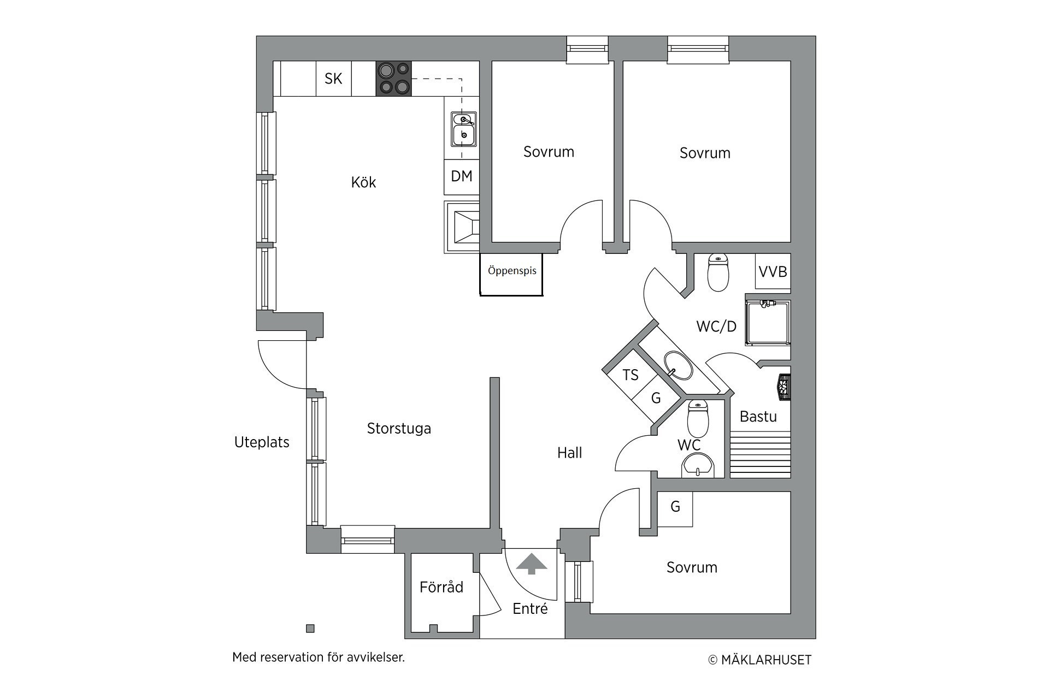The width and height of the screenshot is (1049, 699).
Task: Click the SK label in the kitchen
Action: click(x=333, y=79)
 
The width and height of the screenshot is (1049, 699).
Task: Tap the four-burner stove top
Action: click(x=393, y=79)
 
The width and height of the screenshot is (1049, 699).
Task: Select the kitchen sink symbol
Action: click(x=464, y=129)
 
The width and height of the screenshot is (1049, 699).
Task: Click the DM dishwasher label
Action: click(x=462, y=176)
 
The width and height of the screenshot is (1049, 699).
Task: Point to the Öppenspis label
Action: click(x=512, y=270)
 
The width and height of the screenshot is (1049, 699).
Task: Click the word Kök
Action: click(x=363, y=182)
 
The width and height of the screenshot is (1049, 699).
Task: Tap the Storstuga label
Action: click(x=399, y=429)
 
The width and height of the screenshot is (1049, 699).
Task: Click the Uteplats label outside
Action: click(x=262, y=442)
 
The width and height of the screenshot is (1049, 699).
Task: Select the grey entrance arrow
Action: click(x=531, y=564)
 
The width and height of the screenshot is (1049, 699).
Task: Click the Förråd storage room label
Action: click(x=441, y=587)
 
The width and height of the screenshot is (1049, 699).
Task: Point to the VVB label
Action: click(x=773, y=271)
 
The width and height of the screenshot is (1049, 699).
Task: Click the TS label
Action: click(x=630, y=375)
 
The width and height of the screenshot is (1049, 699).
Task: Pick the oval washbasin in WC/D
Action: click(x=678, y=365)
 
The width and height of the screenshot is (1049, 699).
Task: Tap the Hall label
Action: click(x=569, y=453)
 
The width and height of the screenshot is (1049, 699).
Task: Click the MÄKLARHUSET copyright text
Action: click(x=760, y=660)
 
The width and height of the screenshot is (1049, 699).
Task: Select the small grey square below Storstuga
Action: click(x=310, y=629)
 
